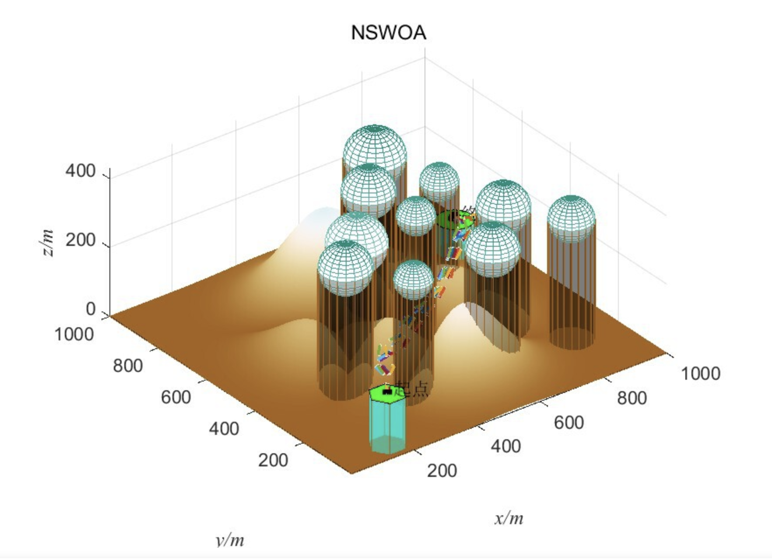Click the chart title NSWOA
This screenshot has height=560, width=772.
(x=388, y=33)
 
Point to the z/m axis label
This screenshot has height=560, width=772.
(x=47, y=243)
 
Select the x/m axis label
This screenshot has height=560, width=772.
(x=509, y=518)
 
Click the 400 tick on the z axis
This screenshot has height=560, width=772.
(x=80, y=171)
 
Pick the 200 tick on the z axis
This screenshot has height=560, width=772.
(x=80, y=240)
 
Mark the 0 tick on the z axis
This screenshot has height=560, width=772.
(x=91, y=309)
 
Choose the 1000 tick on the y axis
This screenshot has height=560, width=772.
(x=74, y=334)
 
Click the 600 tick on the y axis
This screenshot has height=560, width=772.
(x=175, y=397)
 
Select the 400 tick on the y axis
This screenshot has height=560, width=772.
(x=224, y=429)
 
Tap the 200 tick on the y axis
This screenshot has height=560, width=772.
(x=273, y=460)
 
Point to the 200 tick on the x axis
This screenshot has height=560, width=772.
(x=442, y=471)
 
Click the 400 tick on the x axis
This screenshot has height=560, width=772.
(x=505, y=446)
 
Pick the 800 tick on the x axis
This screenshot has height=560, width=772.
(x=632, y=398)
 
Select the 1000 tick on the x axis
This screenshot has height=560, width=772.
(x=700, y=374)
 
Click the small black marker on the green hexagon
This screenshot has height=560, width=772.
(x=387, y=392)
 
